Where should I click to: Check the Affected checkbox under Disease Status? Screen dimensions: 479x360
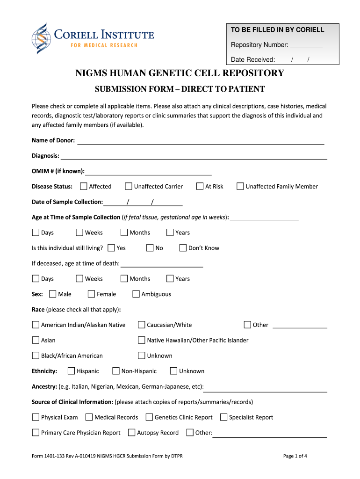pyautogui.click(x=84, y=187)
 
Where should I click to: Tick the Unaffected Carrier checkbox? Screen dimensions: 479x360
pyautogui.click(x=129, y=187)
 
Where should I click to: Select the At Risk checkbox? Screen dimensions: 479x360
pyautogui.click(x=200, y=187)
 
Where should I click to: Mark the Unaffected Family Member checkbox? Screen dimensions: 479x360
pyautogui.click(x=240, y=187)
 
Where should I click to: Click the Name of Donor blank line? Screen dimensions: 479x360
pyautogui.click(x=200, y=141)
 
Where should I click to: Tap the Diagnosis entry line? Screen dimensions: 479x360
pyautogui.click(x=194, y=156)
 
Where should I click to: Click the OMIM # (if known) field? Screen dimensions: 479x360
pyautogui.click(x=148, y=172)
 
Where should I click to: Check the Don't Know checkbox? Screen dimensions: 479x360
pyautogui.click(x=183, y=248)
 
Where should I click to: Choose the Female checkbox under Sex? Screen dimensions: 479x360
pyautogui.click(x=91, y=294)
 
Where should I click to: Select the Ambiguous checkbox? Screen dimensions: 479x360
pyautogui.click(x=136, y=294)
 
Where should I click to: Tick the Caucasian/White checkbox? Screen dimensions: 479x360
pyautogui.click(x=141, y=325)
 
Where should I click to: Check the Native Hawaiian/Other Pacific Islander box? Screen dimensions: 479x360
pyautogui.click(x=141, y=341)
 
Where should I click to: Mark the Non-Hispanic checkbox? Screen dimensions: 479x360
pyautogui.click(x=116, y=371)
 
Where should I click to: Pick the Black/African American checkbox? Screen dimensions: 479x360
pyautogui.click(x=36, y=356)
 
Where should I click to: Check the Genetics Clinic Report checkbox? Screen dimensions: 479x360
pyautogui.click(x=149, y=417)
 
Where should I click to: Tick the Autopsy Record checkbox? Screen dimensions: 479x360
pyautogui.click(x=132, y=433)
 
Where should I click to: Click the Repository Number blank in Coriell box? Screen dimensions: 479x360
pyautogui.click(x=306, y=45)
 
